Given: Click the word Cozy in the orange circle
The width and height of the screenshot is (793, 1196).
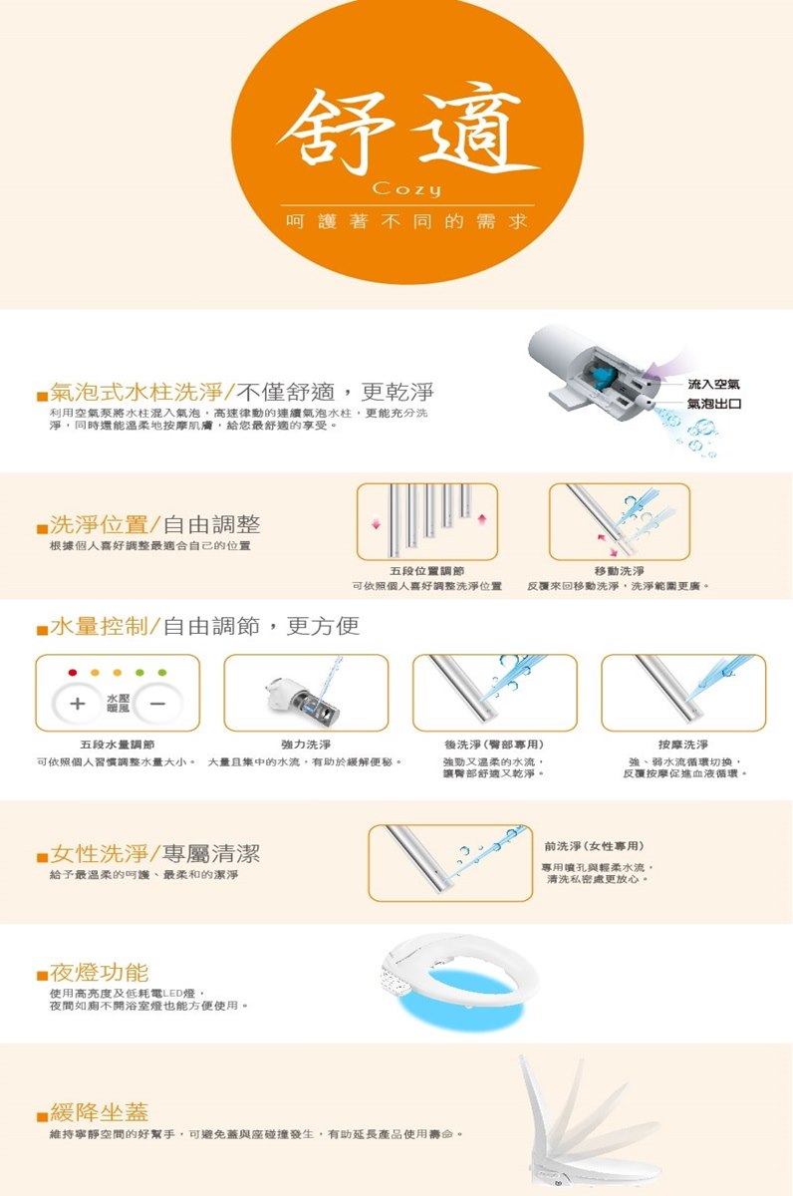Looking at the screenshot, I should (x=405, y=189).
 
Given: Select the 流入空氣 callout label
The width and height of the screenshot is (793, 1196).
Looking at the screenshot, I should (x=713, y=385).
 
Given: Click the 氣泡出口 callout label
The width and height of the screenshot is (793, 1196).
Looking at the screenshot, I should (x=713, y=403).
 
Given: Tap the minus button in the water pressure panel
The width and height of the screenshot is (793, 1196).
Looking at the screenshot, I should (x=158, y=704).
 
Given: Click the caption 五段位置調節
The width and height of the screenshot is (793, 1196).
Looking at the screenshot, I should (x=426, y=570).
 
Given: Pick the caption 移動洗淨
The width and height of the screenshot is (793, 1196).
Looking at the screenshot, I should (x=619, y=570).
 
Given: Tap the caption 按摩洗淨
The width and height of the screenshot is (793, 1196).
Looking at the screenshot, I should (x=683, y=745).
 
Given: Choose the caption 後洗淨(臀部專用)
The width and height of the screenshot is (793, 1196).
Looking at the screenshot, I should (x=494, y=745).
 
